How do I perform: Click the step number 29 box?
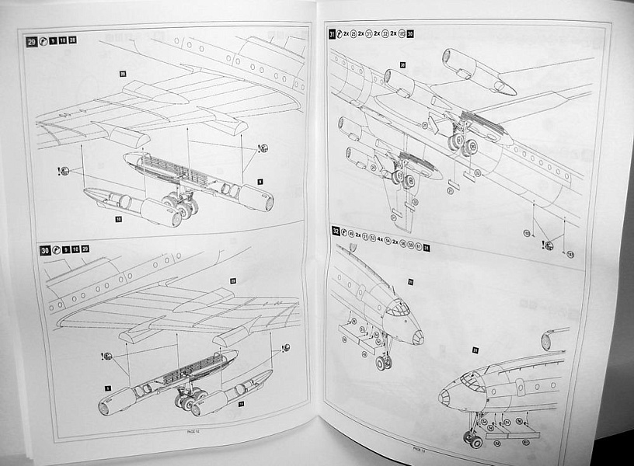(x=32, y=41)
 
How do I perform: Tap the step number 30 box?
(x=46, y=250)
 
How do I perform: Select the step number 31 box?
(x=332, y=33)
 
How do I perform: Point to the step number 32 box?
(x=334, y=231)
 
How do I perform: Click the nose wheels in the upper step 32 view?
(x=383, y=362)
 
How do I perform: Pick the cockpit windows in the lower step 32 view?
(x=471, y=379)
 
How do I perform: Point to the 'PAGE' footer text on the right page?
(x=418, y=448)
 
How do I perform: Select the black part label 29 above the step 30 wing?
(x=232, y=280)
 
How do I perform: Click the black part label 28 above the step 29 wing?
(x=123, y=74)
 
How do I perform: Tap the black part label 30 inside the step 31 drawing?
(x=403, y=65)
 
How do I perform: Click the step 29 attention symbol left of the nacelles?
(x=64, y=171)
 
